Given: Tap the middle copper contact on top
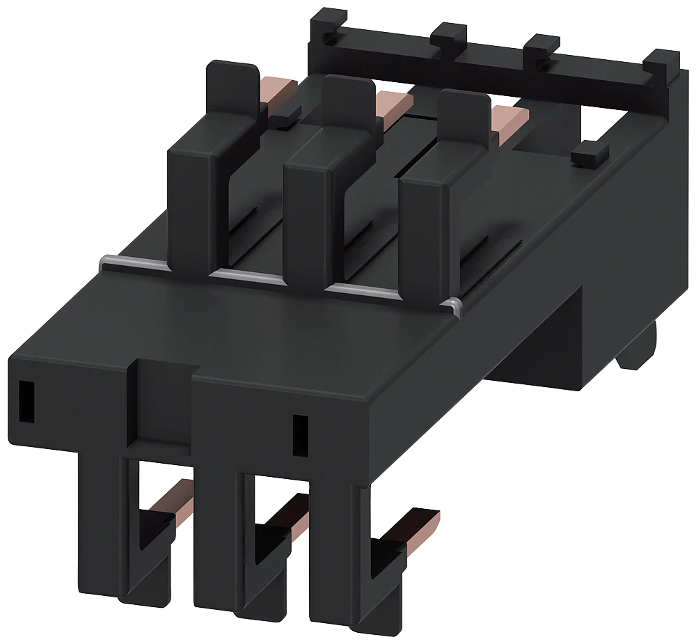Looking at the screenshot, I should (x=390, y=104).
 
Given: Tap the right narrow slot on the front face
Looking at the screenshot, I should (x=300, y=436).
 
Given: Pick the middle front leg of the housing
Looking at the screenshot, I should (x=216, y=543).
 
